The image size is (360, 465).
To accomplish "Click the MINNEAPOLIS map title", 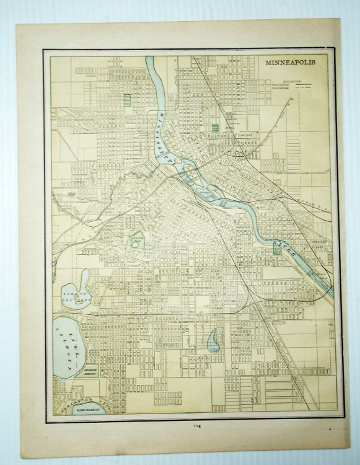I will click(x=291, y=63).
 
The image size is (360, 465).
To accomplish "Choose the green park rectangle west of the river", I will click(x=128, y=99).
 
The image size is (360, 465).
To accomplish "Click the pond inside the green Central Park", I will click(x=136, y=244).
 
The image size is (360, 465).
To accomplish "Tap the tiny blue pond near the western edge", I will click(x=72, y=193).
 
